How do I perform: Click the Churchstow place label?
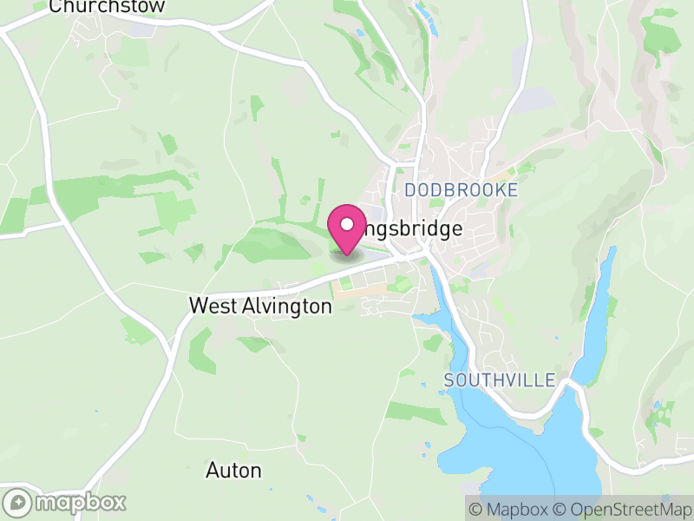[107, 7]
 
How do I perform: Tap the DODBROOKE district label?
[461, 190]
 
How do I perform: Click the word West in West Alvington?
[211, 307]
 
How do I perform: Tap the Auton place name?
[233, 471]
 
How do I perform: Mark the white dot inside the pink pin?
[347, 224]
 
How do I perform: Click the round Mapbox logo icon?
[18, 503]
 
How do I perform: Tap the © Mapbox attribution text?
[511, 510]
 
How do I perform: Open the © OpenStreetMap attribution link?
[621, 510]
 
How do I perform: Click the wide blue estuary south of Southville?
[520, 443]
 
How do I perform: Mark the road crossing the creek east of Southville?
[573, 381]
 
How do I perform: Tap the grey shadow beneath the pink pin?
[347, 254]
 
